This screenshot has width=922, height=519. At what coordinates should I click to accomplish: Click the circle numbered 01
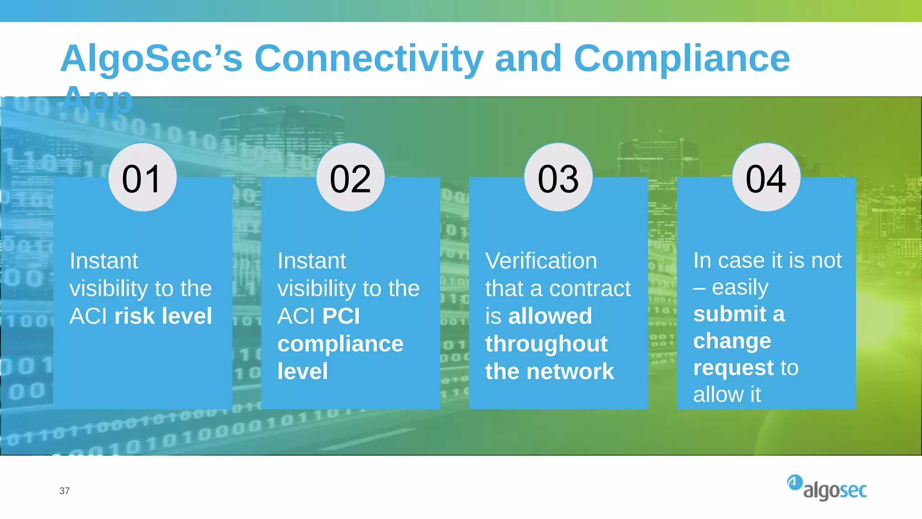(142, 178)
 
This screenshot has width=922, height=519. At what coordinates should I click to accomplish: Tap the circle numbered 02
(350, 178)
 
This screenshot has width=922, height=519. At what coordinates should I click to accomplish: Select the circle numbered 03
(558, 178)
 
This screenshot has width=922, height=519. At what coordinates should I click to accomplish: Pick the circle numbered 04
(766, 178)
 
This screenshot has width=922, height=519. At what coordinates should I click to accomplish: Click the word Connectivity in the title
(369, 59)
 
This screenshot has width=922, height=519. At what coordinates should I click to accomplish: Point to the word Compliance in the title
(681, 59)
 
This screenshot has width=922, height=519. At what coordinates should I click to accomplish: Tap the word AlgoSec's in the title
(152, 59)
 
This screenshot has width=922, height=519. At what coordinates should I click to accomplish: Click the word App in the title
(97, 99)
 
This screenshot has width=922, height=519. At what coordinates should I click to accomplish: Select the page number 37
(64, 491)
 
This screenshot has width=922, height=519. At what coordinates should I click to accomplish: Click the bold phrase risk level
(163, 316)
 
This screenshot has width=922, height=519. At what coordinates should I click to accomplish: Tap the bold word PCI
(341, 316)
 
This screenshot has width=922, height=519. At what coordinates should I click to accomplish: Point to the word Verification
(541, 261)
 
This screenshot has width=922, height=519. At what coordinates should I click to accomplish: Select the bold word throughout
(546, 344)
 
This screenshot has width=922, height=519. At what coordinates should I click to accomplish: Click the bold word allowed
(550, 316)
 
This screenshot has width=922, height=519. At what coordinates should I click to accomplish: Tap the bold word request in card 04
(733, 368)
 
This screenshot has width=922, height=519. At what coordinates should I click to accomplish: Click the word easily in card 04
(740, 287)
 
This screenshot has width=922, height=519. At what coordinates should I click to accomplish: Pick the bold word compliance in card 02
(340, 344)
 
